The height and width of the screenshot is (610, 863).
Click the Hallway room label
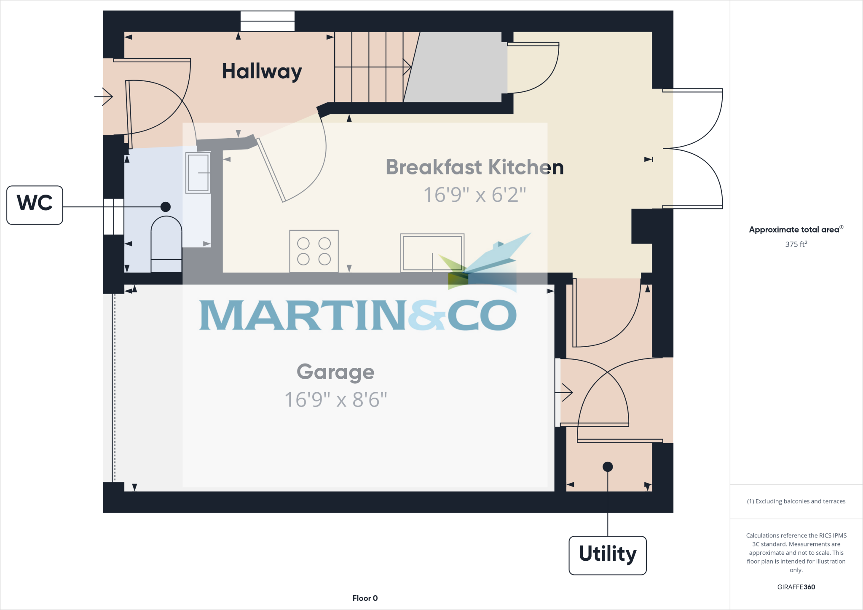[262, 71]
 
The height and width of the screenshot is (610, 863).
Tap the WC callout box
[35, 205]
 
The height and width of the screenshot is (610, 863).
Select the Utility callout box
[607, 555]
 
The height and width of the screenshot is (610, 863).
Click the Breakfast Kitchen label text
[474, 167]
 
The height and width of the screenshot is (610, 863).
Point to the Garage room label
[335, 372]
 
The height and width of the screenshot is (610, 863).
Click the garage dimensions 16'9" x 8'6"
[335, 400]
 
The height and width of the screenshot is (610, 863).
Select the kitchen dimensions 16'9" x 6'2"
[474, 195]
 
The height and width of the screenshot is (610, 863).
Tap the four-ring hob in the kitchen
[314, 251]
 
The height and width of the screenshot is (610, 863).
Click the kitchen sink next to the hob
[432, 252]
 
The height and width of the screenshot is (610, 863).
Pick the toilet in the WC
[166, 244]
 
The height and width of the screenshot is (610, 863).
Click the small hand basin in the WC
[198, 173]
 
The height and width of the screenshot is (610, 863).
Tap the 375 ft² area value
[796, 244]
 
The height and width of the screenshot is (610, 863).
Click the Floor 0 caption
[365, 598]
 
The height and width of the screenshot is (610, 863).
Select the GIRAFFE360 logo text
[796, 587]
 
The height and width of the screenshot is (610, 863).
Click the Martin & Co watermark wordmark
[358, 315]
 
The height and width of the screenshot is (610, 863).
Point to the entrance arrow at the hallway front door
[104, 97]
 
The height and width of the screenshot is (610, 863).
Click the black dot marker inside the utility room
[607, 467]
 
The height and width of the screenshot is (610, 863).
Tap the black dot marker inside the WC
[166, 207]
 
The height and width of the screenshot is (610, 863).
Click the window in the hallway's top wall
[267, 21]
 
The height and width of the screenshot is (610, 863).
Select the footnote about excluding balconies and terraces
[796, 501]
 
